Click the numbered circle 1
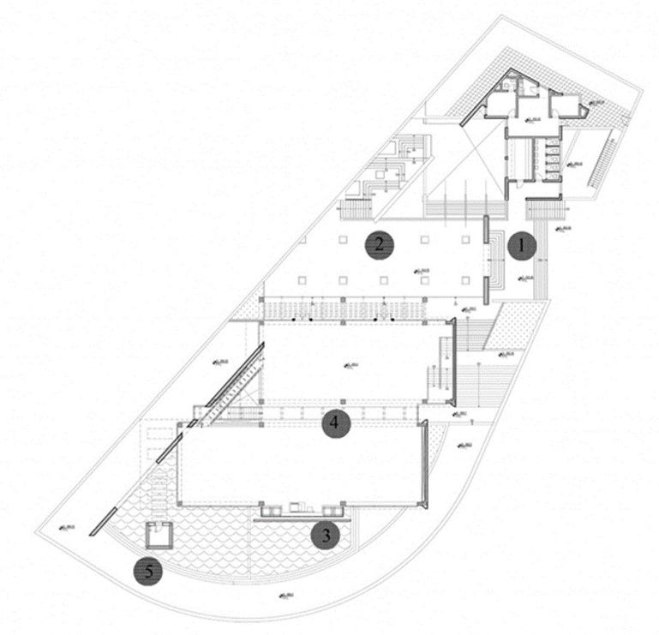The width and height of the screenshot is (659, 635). click(x=521, y=247)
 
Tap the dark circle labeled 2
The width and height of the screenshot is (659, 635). click(x=379, y=246)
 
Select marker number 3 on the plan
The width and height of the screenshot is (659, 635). click(x=326, y=536)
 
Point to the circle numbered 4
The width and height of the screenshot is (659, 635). click(x=337, y=422)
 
